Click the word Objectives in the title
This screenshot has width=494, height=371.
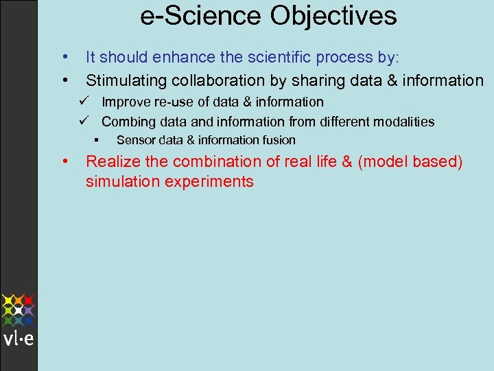pos(333,16)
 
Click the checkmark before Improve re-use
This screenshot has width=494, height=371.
pos(82,102)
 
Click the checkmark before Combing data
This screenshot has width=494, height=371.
pos(82,122)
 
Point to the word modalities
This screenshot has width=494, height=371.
pos(401,122)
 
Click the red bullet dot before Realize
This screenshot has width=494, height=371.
pos(64,161)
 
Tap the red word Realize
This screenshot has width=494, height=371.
pos(109,162)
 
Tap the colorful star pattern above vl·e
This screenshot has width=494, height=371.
pos(19,310)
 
